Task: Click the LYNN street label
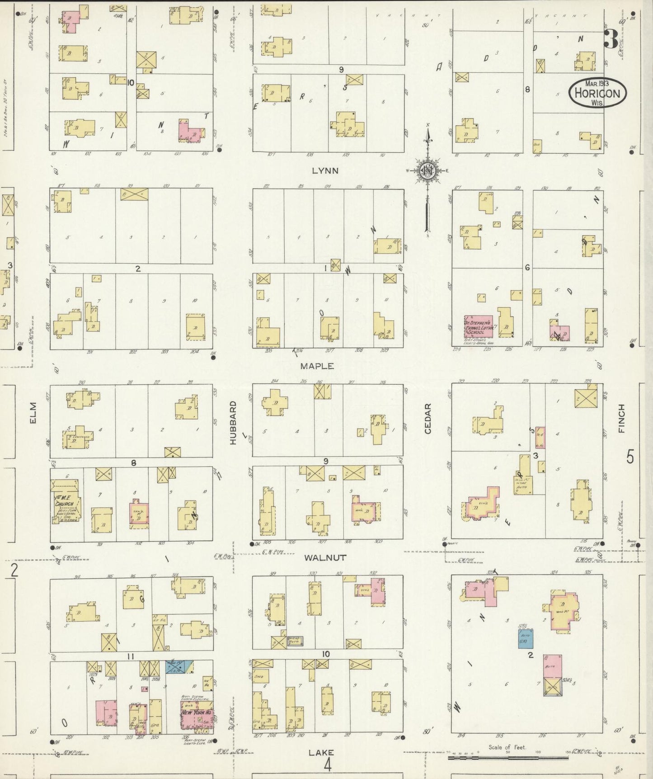coord(325,171)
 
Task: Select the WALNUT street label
coord(325,558)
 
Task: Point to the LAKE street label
coord(321,753)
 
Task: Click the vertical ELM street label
coord(33,413)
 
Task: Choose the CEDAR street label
coord(428,419)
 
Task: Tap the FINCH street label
coord(621,419)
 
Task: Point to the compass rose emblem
coord(427,171)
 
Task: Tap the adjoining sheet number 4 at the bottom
coord(327,765)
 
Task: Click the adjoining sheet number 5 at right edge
coord(630,457)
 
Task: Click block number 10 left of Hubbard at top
coord(131,83)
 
